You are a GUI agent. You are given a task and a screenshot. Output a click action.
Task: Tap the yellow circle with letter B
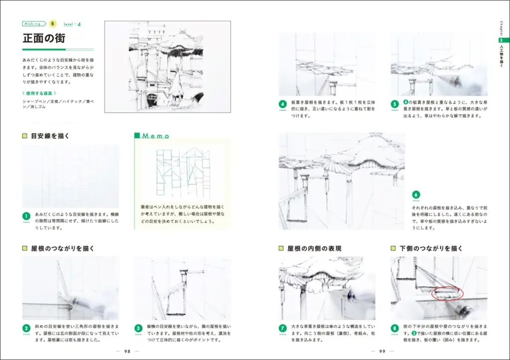pos(53,23)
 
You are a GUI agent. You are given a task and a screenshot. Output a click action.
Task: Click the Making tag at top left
pos(33,23)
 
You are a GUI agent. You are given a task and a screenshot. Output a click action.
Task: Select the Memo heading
pos(156,136)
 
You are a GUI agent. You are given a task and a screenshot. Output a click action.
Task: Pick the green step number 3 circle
pos(139,329)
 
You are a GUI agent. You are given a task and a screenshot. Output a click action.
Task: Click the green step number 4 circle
pos(282,105)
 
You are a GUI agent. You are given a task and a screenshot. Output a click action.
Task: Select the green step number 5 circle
pos(395,105)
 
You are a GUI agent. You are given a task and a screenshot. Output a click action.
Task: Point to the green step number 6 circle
pos(416,195)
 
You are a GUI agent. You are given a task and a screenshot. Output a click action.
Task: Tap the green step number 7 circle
pos(282,329)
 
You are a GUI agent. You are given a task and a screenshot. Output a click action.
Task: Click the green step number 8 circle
pos(395,329)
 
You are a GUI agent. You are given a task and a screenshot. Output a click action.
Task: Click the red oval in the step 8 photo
pos(447,293)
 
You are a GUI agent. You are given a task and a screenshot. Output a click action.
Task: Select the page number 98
pos(127,351)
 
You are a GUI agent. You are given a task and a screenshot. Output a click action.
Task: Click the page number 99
pos(382,351)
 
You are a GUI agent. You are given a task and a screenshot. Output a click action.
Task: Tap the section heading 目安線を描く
pos(50,135)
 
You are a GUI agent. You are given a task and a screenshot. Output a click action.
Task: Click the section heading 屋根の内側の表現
pos(314,248)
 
